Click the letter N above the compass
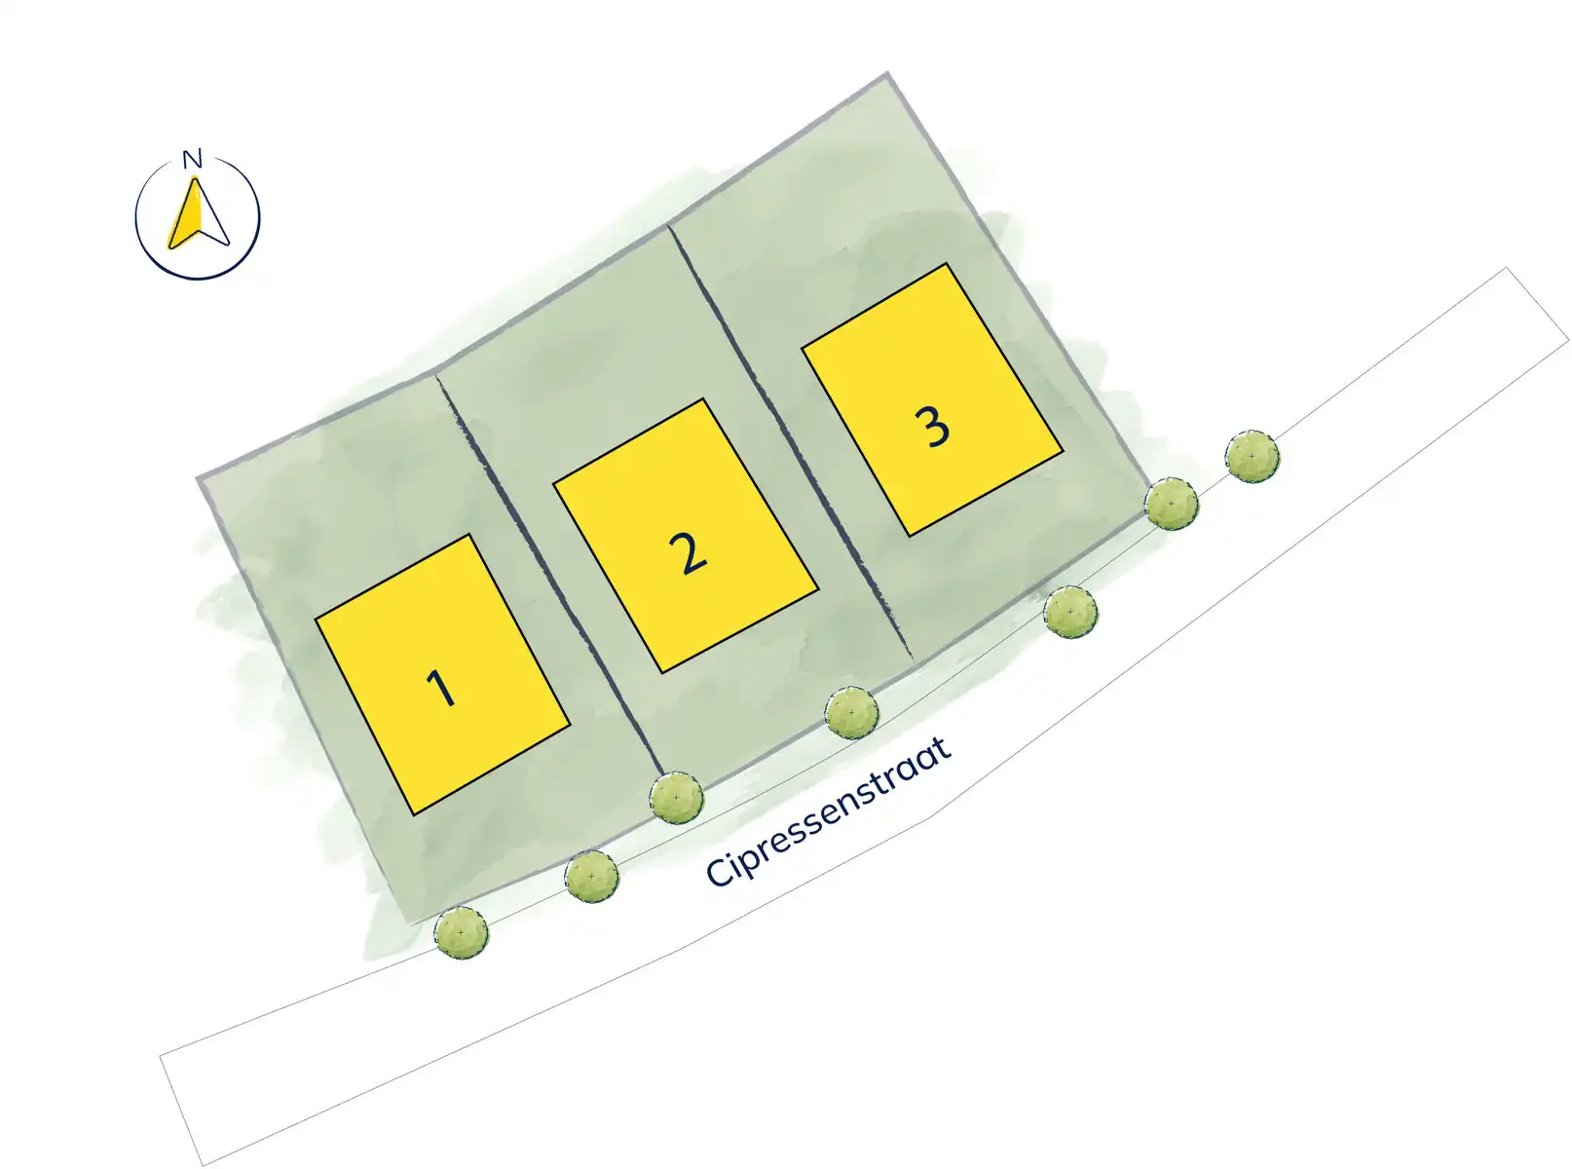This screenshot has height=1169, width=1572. (x=192, y=158)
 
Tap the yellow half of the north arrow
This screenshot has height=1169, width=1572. (x=184, y=216)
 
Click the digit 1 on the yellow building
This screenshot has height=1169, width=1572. (x=441, y=687)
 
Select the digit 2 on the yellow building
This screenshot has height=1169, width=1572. (x=689, y=553)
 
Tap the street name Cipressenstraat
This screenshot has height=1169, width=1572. (x=828, y=812)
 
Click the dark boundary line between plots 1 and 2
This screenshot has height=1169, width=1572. (x=548, y=575)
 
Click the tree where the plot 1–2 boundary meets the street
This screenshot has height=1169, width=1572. (x=677, y=798)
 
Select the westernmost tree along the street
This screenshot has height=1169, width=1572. (x=462, y=932)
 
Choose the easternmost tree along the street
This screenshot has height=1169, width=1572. (x=1253, y=457)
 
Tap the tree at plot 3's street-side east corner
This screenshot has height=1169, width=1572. (x=1171, y=504)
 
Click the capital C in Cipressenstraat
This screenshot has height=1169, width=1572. (x=720, y=871)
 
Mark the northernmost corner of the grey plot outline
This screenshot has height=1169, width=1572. (x=886, y=74)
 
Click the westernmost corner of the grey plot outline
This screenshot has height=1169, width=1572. (x=199, y=479)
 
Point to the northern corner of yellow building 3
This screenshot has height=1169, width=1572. (x=946, y=264)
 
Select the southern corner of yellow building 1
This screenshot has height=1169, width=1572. (x=414, y=814)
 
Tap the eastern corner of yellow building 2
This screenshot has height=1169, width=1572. (x=817, y=588)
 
